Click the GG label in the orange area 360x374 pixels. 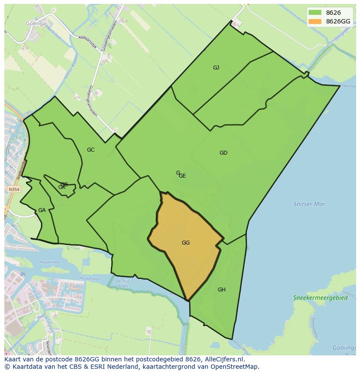186,243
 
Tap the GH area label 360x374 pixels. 222,290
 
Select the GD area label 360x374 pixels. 223,153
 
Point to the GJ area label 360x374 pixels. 216,68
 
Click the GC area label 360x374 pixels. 90,150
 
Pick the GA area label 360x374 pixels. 42,210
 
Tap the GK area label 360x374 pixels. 62,188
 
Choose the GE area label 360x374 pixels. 183,176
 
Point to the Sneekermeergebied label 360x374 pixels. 320,298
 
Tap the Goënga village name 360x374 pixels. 36,23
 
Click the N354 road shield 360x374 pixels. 14,190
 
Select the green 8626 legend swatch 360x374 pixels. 315,13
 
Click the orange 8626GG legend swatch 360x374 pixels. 315,21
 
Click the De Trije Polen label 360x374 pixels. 123,283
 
